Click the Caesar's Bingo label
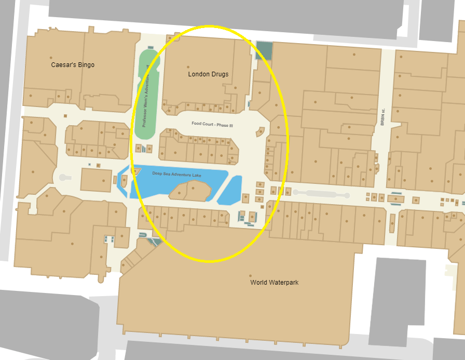pos(73,65)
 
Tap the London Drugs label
pos(208,74)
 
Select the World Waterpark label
pos(274,283)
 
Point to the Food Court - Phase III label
pos(212,124)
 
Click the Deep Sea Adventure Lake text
pos(176,174)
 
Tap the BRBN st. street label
pos(382,117)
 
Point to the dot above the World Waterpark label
pos(251,275)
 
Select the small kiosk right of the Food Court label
pos(260,132)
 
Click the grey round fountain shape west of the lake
pos(63,178)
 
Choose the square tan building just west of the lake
pos(97,180)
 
